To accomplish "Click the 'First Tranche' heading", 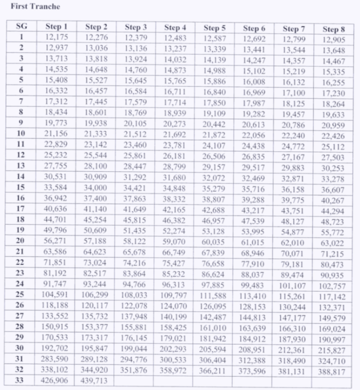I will click(x=36, y=7).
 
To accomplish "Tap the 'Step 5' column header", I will click(x=215, y=28).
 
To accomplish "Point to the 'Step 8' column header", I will click(x=334, y=29).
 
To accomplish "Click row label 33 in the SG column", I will click(x=19, y=380).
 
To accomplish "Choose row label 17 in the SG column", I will click(x=21, y=208).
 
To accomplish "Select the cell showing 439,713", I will click(x=96, y=381).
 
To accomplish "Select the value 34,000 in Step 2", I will click(x=96, y=188).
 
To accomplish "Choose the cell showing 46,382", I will click(x=175, y=220).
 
